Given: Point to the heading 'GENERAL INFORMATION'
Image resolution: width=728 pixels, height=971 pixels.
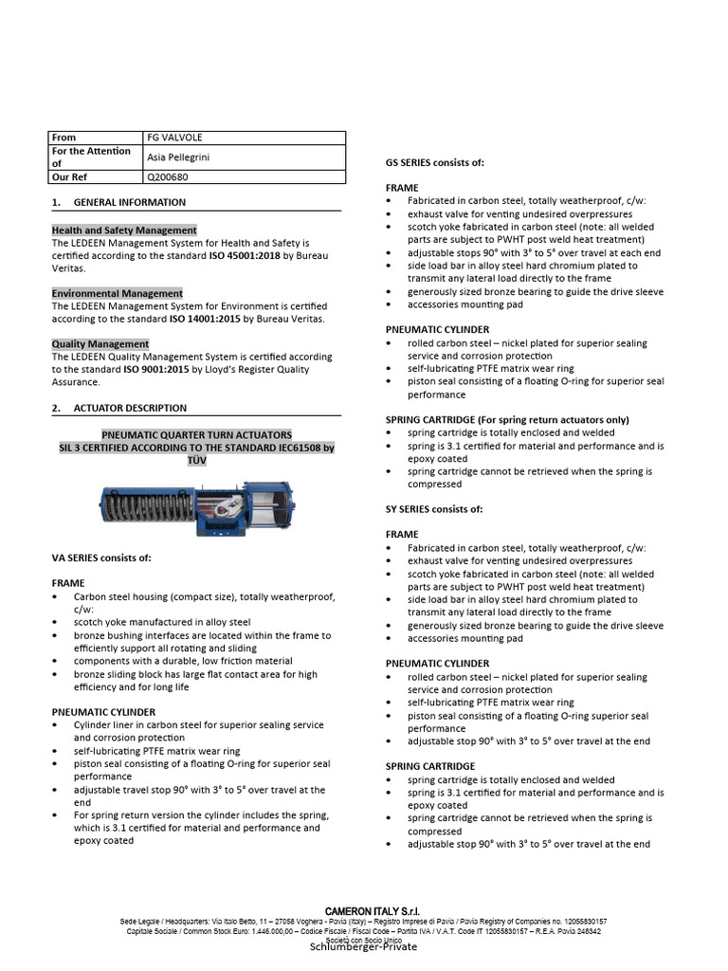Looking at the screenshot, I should pos(130,202).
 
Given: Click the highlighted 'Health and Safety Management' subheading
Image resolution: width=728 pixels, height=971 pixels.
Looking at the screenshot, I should pos(124,230).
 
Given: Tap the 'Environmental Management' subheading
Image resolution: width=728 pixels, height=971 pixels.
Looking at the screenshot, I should pos(117,294).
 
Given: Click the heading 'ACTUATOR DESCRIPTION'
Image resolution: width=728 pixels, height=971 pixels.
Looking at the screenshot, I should pos(132,408).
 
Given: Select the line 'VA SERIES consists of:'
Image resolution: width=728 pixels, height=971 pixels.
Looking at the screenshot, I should pos(101,557).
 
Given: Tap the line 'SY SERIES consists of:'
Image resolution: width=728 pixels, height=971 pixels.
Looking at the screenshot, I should pos(434,509).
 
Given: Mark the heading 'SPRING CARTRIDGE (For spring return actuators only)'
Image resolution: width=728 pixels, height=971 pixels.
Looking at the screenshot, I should pos(507,419).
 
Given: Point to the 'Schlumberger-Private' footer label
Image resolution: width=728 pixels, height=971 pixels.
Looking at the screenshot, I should pos(363,947).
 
